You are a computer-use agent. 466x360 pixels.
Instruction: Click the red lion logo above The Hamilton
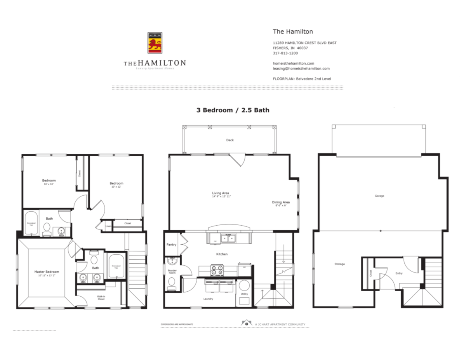(x=155, y=43)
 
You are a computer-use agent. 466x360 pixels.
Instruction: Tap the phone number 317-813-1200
(x=285, y=53)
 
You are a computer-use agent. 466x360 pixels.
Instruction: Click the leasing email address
(x=301, y=69)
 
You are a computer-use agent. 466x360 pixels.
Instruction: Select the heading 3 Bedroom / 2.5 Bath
(x=233, y=110)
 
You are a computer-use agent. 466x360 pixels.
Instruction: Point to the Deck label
(x=230, y=140)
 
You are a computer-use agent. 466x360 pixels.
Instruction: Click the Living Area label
(x=220, y=193)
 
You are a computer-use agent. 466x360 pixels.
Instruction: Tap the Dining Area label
(x=281, y=202)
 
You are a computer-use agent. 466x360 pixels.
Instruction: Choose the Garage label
(x=379, y=196)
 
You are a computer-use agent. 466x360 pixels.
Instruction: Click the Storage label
(x=339, y=264)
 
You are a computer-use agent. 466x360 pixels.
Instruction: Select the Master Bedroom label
(x=47, y=271)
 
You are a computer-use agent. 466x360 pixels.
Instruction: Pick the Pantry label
(x=171, y=245)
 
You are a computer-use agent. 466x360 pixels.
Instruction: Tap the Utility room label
(x=245, y=294)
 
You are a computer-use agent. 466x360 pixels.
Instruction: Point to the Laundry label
(x=208, y=299)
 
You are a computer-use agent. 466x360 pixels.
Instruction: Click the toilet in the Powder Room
(x=172, y=282)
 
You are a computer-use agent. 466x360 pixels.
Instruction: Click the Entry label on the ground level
(x=399, y=273)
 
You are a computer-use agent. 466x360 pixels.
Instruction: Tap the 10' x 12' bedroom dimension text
(x=116, y=187)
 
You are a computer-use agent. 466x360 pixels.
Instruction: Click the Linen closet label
(x=108, y=226)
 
